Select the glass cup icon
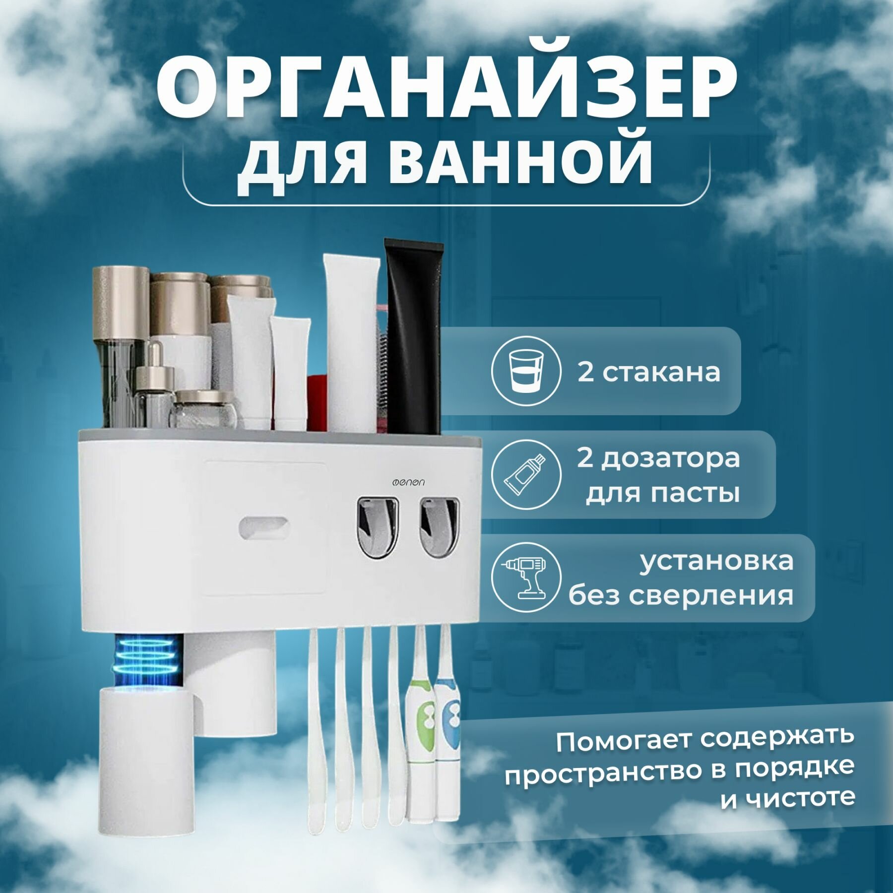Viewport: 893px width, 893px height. (526, 371)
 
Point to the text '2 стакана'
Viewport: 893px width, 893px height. (648, 371)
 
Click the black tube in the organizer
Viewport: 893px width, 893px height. (413, 337)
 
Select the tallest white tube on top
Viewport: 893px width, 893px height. (350, 342)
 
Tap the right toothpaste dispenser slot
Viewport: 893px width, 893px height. (439, 527)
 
